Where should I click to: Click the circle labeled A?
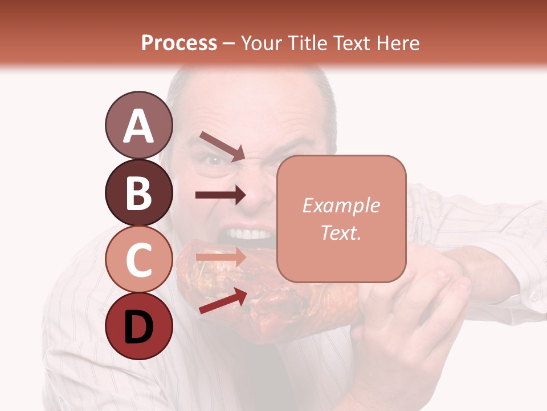(138, 125)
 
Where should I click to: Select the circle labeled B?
(138, 192)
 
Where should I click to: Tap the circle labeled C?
(138, 260)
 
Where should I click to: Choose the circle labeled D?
(138, 327)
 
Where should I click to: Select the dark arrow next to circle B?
(221, 195)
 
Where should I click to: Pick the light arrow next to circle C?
(221, 257)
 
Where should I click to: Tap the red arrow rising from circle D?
(223, 301)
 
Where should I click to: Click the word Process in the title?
(179, 43)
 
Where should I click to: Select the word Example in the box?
(341, 205)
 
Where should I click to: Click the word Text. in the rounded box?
(341, 232)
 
